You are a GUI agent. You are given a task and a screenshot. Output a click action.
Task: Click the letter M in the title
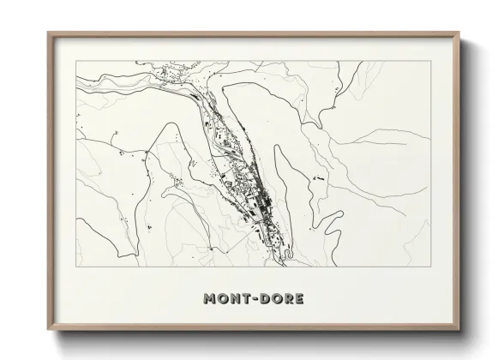point(209,299)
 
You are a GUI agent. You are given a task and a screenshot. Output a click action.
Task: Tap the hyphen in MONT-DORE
point(253,299)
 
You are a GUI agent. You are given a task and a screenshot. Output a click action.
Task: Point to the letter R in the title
point(286,299)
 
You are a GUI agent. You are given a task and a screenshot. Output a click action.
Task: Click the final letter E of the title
point(297,299)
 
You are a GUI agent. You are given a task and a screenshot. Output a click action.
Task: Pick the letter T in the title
point(243,299)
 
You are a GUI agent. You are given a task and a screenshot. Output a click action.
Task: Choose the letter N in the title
point(232,299)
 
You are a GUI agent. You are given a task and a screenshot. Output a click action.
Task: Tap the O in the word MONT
point(221,299)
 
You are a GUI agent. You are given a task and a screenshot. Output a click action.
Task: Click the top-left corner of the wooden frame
point(48,33)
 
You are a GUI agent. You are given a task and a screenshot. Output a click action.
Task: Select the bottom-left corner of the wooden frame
point(48,330)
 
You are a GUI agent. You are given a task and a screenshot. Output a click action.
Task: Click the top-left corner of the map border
point(76,61)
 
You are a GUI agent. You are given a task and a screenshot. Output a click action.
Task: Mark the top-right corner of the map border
point(431,61)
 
